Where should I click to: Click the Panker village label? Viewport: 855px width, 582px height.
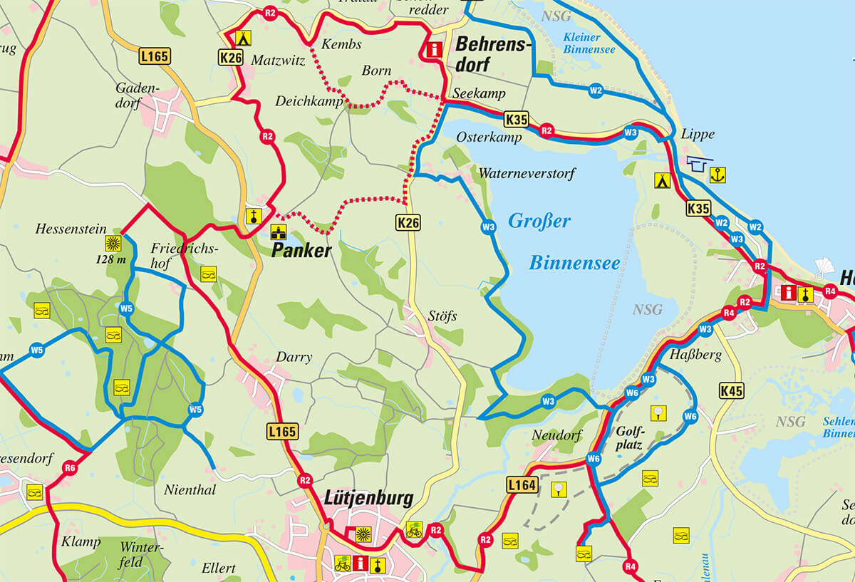tap(301, 251)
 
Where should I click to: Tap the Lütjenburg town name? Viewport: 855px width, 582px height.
tap(368, 499)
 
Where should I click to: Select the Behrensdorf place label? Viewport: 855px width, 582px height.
tap(494, 53)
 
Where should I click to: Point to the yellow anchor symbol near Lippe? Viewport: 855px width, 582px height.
tap(717, 174)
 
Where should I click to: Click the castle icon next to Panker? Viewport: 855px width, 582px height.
tap(279, 232)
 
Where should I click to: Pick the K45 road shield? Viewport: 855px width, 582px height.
tap(732, 390)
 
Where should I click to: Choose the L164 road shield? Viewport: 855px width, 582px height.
tap(522, 485)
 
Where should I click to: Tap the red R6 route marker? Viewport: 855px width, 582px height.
tap(69, 468)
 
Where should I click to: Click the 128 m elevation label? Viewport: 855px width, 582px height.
tap(111, 259)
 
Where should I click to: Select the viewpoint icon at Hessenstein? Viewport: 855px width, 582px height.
tap(113, 243)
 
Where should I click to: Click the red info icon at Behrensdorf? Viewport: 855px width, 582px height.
tap(434, 49)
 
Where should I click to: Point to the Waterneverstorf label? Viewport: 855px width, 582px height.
tap(527, 173)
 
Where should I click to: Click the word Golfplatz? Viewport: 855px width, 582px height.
tap(630, 438)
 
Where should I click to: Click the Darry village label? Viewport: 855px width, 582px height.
tap(294, 357)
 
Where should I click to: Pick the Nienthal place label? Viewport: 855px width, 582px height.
tap(190, 490)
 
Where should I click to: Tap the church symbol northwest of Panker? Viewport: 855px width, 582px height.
tap(252, 216)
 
